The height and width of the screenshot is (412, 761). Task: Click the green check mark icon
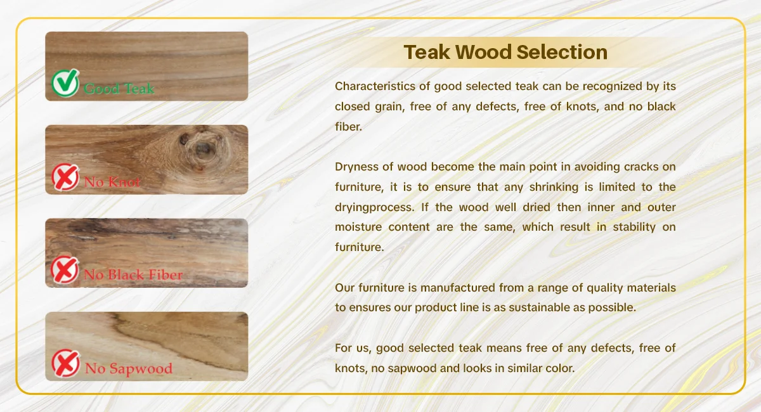[x=65, y=83]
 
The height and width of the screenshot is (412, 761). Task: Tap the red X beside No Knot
[x=65, y=177]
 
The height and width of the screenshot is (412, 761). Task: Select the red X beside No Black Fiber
[x=65, y=269]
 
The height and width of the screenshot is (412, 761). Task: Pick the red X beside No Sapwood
[x=66, y=363]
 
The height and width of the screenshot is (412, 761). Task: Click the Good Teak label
[x=119, y=89]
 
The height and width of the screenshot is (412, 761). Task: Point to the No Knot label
[x=112, y=182]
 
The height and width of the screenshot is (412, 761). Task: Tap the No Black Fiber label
[x=133, y=274]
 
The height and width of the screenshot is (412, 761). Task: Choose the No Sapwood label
[x=129, y=369]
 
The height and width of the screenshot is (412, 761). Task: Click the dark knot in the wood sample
[x=203, y=148]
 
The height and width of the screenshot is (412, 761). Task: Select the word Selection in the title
[x=562, y=53]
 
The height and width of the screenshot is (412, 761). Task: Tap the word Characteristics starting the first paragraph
[x=375, y=86]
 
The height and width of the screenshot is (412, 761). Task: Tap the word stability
[x=634, y=227]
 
